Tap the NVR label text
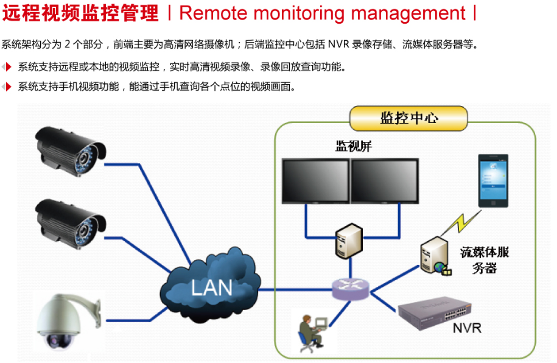(467, 328)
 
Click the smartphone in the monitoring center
(494, 182)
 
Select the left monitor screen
(315, 181)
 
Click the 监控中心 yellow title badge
(408, 118)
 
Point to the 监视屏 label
(353, 146)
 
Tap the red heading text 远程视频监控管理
(80, 13)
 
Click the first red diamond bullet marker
(7, 66)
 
